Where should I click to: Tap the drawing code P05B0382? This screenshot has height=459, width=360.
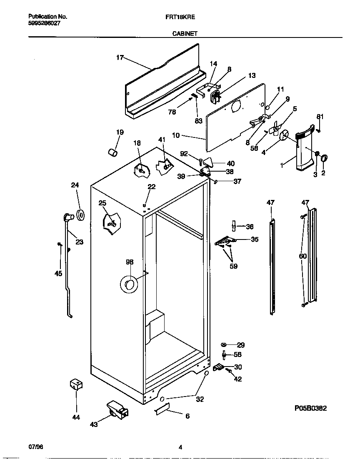click(310, 408)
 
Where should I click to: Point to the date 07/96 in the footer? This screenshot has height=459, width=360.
click(35, 447)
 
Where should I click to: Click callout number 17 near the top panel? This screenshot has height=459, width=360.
click(120, 57)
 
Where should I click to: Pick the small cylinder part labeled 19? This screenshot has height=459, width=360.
click(112, 152)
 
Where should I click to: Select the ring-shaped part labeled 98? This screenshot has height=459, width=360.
click(128, 285)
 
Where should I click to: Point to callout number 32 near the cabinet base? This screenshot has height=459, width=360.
click(200, 399)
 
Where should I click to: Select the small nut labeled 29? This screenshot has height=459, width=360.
click(224, 344)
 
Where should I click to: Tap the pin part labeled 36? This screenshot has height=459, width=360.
click(234, 225)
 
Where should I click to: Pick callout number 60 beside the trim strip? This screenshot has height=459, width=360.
click(303, 256)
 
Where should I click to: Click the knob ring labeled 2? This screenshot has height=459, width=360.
click(324, 157)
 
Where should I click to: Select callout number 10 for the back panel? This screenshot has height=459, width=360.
click(175, 135)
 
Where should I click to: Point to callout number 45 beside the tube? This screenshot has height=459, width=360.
click(58, 273)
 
